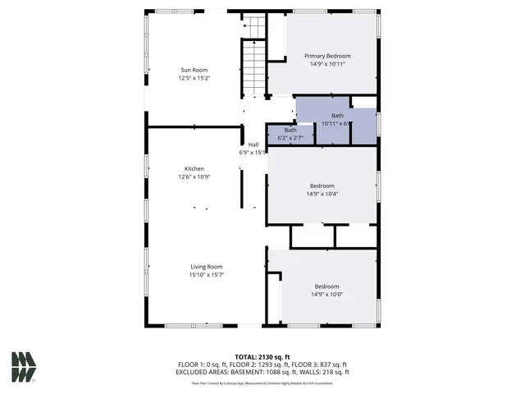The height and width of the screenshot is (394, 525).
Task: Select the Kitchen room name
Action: tap(194, 168)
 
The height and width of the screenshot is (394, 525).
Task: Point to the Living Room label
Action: tap(207, 267)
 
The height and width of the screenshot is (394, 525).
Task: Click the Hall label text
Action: tap(253, 144)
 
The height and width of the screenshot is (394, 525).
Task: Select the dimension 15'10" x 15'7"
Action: tap(207, 275)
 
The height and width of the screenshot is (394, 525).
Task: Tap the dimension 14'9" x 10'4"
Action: tap(322, 195)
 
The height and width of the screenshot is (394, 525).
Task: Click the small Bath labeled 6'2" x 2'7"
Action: tap(290, 131)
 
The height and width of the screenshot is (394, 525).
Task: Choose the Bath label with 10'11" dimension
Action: tap(337, 116)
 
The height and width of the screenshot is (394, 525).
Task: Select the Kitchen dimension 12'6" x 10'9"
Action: tap(194, 176)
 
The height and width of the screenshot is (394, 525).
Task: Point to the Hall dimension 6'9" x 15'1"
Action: tap(253, 153)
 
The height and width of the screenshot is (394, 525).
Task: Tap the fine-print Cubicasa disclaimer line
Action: tap(262, 383)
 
